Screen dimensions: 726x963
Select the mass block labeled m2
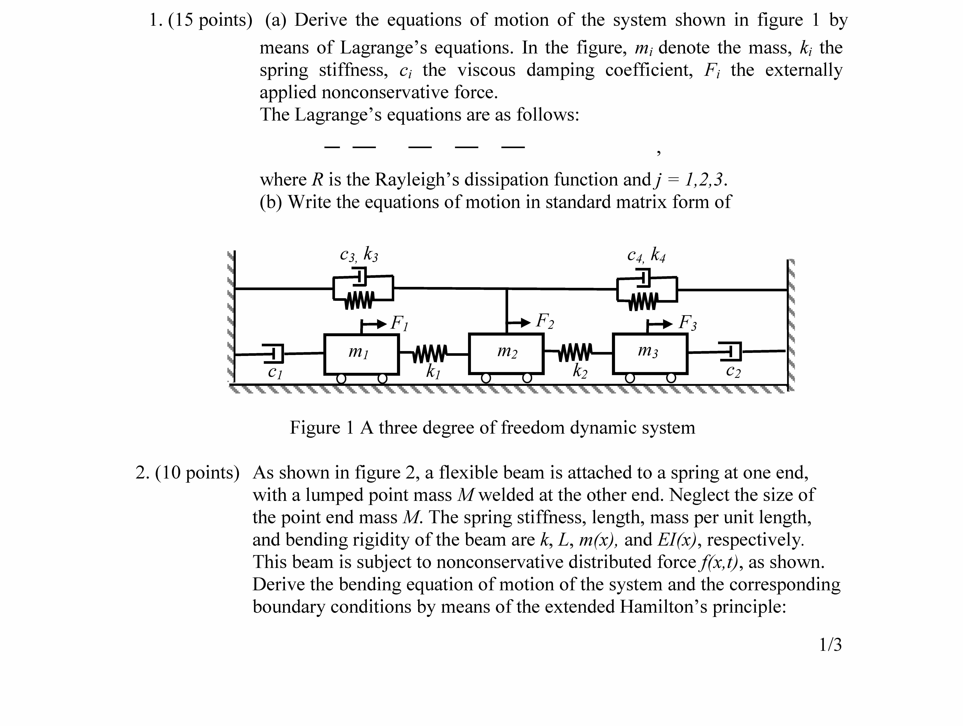click(x=506, y=354)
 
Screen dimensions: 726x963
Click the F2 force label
click(x=545, y=321)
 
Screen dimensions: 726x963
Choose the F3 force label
click(x=688, y=323)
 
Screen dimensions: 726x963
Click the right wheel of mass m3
click(x=671, y=378)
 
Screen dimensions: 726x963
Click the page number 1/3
click(x=830, y=645)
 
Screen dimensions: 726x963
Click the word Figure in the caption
click(x=315, y=428)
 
